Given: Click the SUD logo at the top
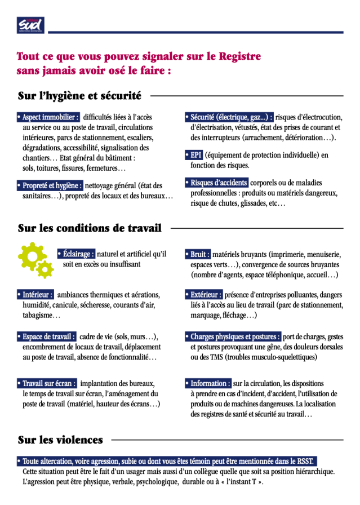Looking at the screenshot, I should click(29, 25).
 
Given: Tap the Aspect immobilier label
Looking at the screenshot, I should click(48, 117).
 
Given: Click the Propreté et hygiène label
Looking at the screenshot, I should click(50, 185).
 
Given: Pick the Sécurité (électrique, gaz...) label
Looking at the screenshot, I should click(229, 117).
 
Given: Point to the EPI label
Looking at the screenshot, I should click(193, 155).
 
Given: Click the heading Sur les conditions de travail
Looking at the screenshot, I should click(90, 228).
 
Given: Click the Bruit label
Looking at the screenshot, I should click(198, 254).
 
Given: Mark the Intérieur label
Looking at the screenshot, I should click(36, 294).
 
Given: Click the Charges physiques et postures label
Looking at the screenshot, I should click(232, 337).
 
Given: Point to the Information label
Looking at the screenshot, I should click(208, 383).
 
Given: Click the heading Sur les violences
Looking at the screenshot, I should click(60, 440).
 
